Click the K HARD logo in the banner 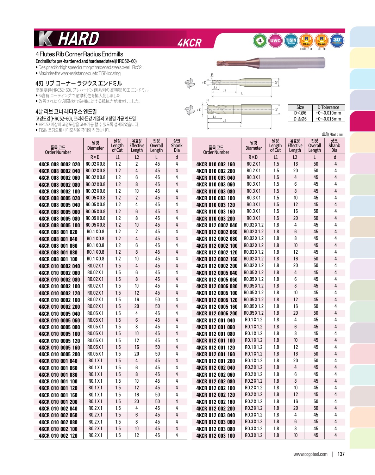pos(69,39)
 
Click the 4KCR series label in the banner pos(189,43)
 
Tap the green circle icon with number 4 pos(260,41)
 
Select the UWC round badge pos(275,41)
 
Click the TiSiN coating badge pos(291,41)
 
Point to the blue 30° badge pos(337,40)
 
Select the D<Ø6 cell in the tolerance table pos(300,113)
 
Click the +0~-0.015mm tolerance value pos(328,119)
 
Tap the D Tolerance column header pos(328,107)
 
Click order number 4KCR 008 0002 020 pos(59,164)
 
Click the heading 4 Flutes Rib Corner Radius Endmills pos(79,54)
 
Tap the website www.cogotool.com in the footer pos(310,454)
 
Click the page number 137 pos(341,454)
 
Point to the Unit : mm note pos(332,134)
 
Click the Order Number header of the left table pos(58,150)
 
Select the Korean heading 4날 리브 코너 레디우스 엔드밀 pos(66,111)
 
